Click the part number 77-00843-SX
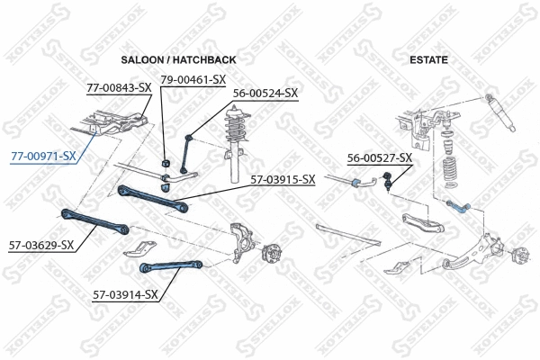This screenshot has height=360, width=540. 119,87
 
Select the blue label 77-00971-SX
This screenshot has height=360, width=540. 42,157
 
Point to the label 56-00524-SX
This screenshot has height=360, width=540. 265,93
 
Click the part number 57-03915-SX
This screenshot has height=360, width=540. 283,179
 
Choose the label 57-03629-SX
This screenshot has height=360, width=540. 41,244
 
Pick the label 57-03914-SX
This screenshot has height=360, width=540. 125,293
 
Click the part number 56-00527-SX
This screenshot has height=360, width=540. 380,158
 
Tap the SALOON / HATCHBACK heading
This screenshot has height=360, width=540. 178,59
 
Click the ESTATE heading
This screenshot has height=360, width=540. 428,59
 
